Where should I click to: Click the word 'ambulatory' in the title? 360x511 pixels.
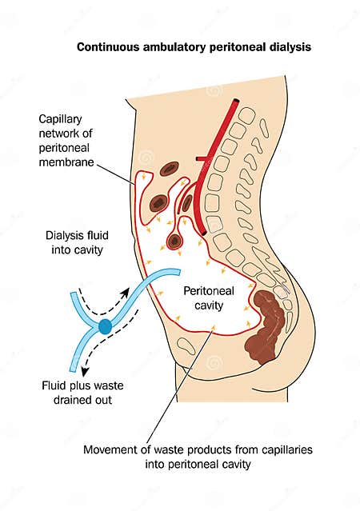pos(172,48)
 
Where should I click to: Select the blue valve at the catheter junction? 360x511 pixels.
pos(106,325)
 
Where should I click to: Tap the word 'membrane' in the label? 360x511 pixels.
pos(66,162)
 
